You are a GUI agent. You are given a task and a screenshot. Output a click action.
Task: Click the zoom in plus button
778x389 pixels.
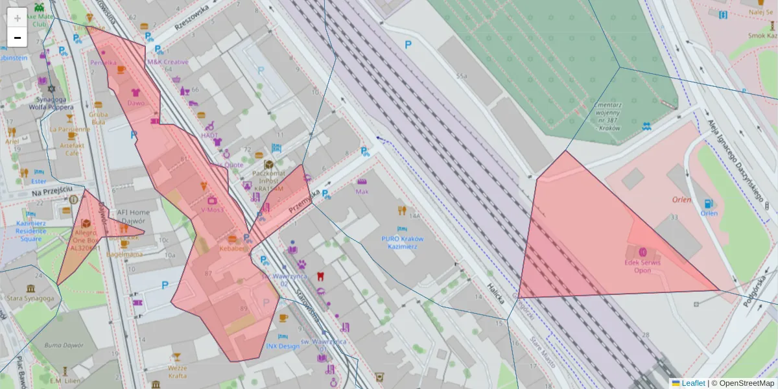click(18, 18)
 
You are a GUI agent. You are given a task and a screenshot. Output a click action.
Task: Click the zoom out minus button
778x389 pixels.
click(18, 37)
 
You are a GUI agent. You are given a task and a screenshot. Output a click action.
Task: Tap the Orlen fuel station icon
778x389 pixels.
click(708, 203)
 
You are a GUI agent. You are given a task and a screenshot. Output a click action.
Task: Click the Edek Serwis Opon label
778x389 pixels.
click(642, 266)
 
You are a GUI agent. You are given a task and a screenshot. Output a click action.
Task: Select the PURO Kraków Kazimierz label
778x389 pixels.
click(402, 242)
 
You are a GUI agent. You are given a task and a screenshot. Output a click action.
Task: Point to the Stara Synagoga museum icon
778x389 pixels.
click(30, 288)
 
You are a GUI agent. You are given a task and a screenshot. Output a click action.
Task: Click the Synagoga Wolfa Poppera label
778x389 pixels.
click(52, 104)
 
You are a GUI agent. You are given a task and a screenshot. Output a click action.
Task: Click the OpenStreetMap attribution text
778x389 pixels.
click(746, 383)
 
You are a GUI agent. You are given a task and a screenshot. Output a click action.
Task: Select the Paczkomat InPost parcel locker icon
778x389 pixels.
click(268, 163)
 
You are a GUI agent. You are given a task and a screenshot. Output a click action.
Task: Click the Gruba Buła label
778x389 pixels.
click(98, 117)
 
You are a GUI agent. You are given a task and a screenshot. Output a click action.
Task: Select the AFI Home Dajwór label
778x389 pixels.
click(134, 217)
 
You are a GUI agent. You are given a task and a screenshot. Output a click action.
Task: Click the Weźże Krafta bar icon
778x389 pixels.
click(176, 357)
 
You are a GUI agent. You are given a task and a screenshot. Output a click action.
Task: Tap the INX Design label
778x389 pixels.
click(283, 346)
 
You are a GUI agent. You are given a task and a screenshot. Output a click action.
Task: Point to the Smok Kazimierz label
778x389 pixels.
click(762, 36)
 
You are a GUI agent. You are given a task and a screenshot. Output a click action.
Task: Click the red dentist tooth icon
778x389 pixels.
click(318, 276)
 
